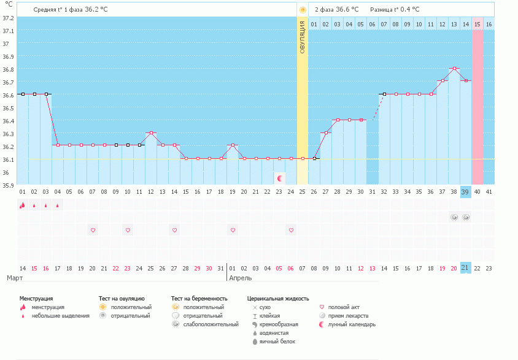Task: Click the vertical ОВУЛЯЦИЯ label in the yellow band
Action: point(302,38)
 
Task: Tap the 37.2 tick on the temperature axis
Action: point(8,18)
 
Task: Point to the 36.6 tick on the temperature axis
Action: point(8,95)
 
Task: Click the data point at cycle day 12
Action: point(151,132)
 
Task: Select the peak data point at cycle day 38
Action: point(454,69)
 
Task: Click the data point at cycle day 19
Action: point(233,145)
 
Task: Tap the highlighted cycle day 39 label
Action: point(465,192)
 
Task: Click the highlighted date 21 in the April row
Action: point(465,268)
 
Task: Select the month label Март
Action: point(15,278)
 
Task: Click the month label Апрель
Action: point(240,278)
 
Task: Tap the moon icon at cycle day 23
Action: point(280,178)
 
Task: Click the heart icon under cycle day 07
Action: point(93,230)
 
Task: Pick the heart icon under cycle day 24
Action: point(291,230)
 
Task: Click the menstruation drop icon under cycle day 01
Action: point(22,205)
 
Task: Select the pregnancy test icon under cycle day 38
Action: point(454,217)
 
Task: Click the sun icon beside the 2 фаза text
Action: point(303,10)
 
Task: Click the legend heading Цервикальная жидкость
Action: point(277,299)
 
